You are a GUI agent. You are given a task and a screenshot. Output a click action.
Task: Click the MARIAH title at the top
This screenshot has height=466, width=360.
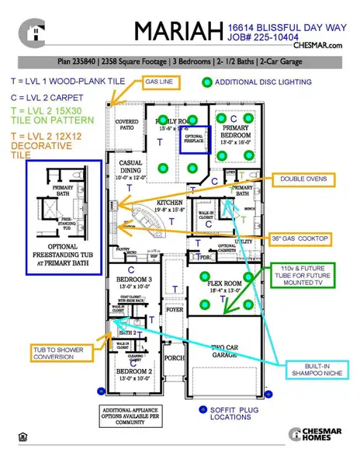click(x=178, y=31)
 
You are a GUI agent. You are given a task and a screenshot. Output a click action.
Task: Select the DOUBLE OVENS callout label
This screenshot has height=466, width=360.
click(x=303, y=179)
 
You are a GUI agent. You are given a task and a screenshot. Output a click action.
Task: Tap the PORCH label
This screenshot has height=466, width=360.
click(x=175, y=359)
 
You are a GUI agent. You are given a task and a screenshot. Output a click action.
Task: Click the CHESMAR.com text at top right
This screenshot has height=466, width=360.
click(x=318, y=46)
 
